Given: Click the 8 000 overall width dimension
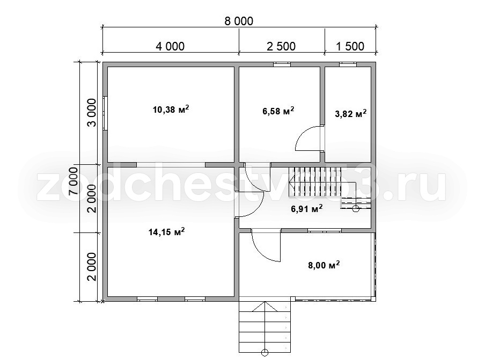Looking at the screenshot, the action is (x=239, y=21).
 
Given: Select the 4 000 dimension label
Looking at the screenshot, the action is (x=170, y=46).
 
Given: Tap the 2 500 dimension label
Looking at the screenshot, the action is (x=281, y=46).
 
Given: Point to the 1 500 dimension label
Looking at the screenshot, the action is (x=350, y=46).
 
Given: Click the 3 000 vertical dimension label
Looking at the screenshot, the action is (x=92, y=113).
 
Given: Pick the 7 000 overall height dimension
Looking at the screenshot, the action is (x=74, y=181).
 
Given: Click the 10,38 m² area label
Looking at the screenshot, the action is (x=171, y=110).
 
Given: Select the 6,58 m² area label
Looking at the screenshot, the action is (x=278, y=111).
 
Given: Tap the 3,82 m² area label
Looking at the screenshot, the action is (x=351, y=114).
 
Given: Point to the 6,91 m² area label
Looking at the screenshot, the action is (x=307, y=208).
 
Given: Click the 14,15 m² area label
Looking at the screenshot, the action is (x=167, y=231).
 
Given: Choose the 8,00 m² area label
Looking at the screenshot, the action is (x=324, y=265).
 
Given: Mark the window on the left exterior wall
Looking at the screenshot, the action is (x=105, y=113).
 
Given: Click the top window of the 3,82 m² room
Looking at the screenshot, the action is (x=348, y=64).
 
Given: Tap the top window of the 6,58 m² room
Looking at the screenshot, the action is (x=282, y=64).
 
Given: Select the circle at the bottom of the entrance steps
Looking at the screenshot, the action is (x=265, y=353).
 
